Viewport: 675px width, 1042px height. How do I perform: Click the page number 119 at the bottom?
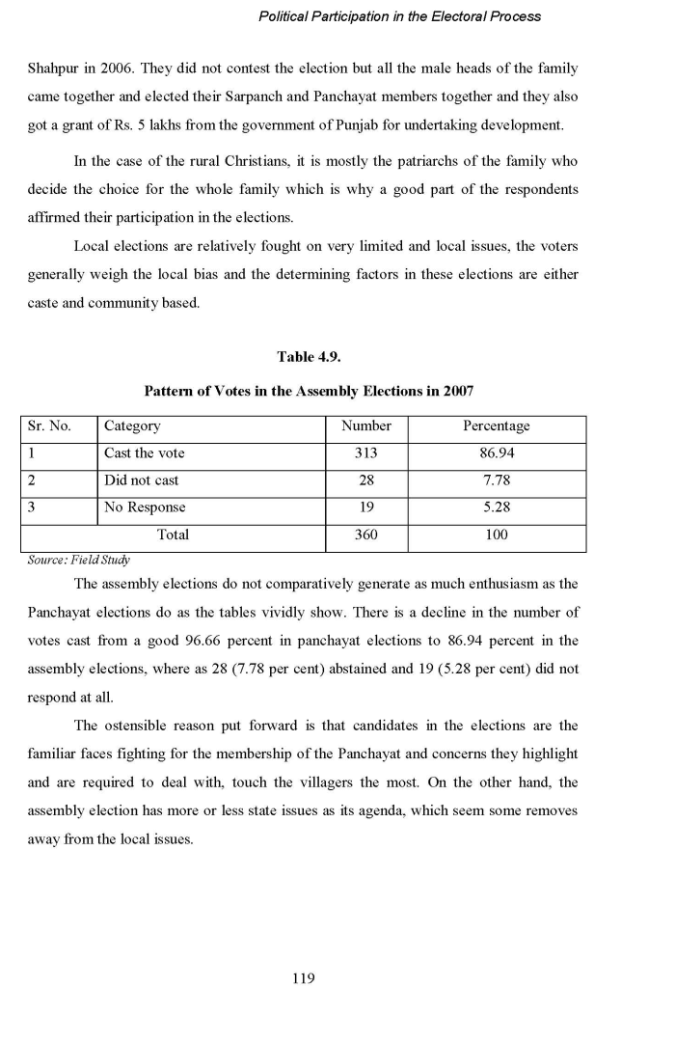pyautogui.click(x=303, y=978)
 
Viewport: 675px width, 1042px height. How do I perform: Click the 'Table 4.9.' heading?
pyautogui.click(x=309, y=357)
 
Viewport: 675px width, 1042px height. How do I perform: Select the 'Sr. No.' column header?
pyautogui.click(x=49, y=425)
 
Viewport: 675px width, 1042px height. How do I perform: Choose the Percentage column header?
pyautogui.click(x=496, y=425)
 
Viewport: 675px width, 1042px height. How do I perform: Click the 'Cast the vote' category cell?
pyautogui.click(x=144, y=453)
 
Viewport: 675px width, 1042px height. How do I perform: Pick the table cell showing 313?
pyautogui.click(x=366, y=453)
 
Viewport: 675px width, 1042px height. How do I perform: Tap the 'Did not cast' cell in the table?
pyautogui.click(x=141, y=480)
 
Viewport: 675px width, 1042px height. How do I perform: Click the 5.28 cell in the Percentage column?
pyautogui.click(x=496, y=507)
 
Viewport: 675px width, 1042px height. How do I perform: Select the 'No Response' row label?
pyautogui.click(x=145, y=507)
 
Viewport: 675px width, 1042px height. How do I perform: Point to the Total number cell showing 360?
pyautogui.click(x=366, y=535)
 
